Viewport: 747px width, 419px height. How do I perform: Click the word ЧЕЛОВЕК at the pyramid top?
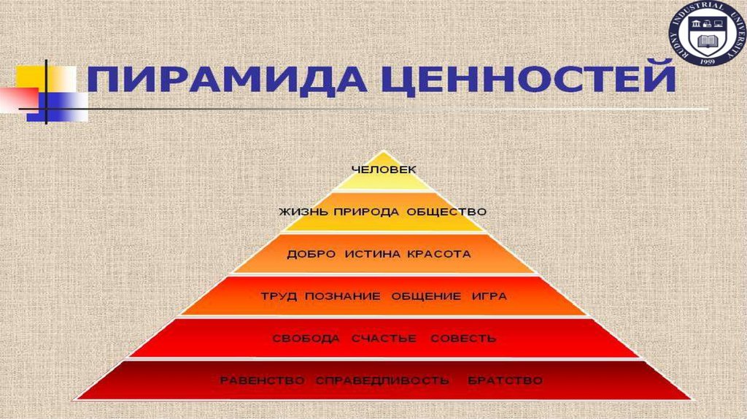pos(383,169)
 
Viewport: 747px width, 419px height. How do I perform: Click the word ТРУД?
pos(278,296)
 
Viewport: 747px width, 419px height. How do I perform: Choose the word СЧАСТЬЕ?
pos(383,339)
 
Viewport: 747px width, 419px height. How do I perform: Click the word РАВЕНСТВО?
pos(263,381)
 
